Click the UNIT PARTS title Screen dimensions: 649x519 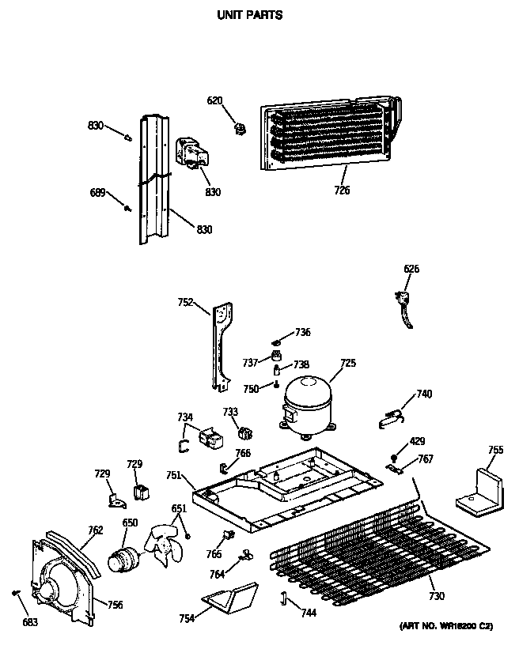(x=249, y=14)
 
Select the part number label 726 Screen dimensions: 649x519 (x=342, y=191)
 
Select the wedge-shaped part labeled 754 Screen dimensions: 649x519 (x=231, y=598)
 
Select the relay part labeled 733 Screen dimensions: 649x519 (x=244, y=432)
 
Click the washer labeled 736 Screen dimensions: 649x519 (x=278, y=334)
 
